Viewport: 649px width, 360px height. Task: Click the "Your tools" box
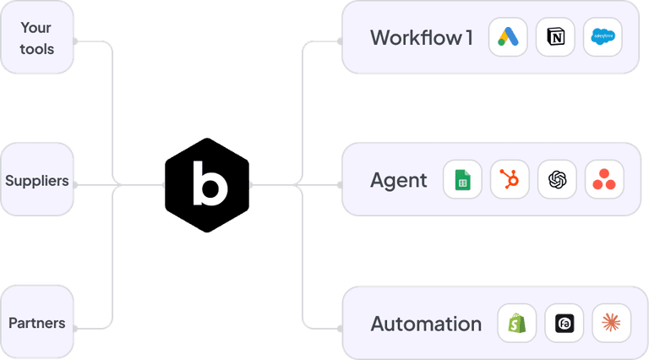tap(36, 39)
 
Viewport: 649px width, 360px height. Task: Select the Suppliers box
tap(36, 180)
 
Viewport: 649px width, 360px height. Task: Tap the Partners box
tap(36, 322)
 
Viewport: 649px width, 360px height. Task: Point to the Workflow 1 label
tap(421, 38)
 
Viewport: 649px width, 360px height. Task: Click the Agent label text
tap(399, 180)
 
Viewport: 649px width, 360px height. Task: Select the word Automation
tap(426, 324)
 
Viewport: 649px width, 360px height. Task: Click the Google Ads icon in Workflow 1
tap(509, 38)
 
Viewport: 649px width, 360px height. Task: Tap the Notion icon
tap(556, 38)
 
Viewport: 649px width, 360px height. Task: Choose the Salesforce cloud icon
tap(603, 38)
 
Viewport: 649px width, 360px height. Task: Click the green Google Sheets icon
tap(462, 180)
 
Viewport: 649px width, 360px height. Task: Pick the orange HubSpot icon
tap(510, 180)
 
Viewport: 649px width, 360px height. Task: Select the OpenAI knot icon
tap(557, 180)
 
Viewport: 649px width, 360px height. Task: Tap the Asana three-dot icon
tap(603, 180)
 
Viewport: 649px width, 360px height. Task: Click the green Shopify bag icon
tap(516, 323)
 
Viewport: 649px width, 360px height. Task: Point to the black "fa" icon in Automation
tap(564, 323)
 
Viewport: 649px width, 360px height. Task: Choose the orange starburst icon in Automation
tap(611, 323)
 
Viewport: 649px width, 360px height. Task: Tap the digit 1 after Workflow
tap(468, 38)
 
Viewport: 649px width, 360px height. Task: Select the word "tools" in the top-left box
tap(36, 49)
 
